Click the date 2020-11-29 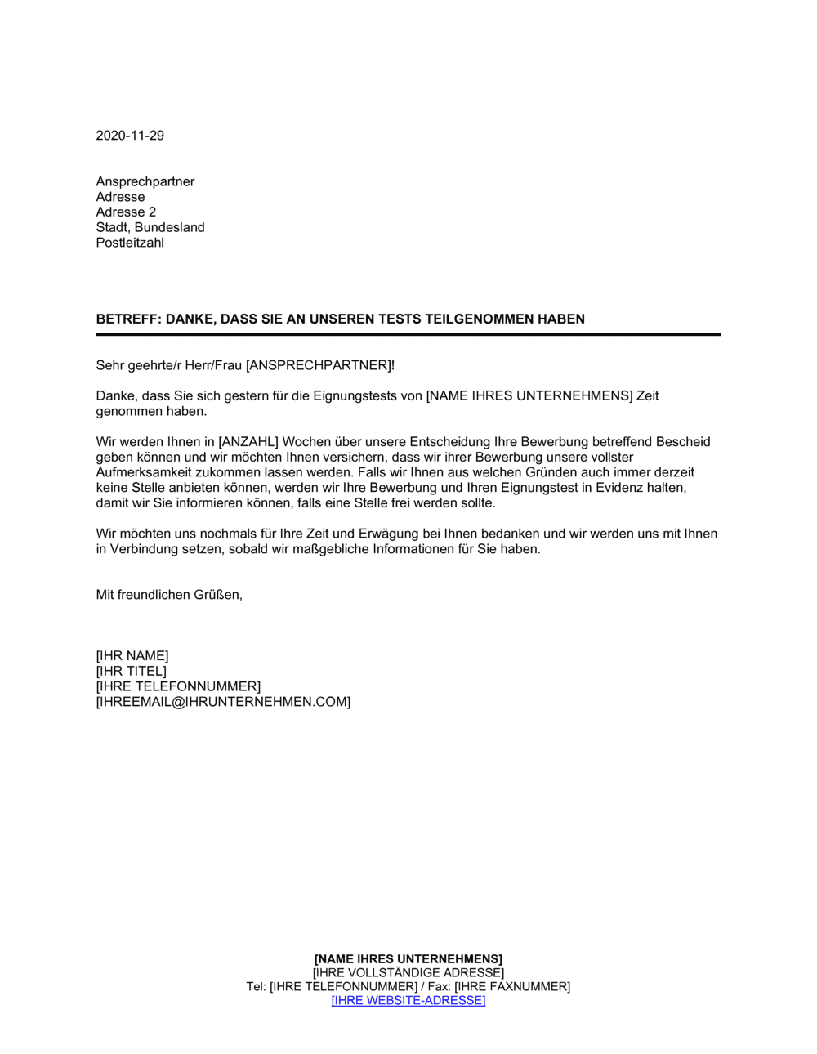pyautogui.click(x=130, y=136)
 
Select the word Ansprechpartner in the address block pyautogui.click(x=145, y=181)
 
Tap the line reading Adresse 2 pyautogui.click(x=126, y=212)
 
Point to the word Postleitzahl pyautogui.click(x=130, y=243)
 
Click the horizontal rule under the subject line pyautogui.click(x=408, y=334)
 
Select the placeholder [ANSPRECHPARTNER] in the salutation pyautogui.click(x=319, y=365)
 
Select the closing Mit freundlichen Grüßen pyautogui.click(x=169, y=595)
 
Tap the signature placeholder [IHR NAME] pyautogui.click(x=132, y=656)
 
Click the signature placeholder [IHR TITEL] pyautogui.click(x=131, y=672)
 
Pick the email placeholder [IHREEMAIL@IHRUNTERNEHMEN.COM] pyautogui.click(x=223, y=702)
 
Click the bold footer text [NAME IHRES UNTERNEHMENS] pyautogui.click(x=408, y=959)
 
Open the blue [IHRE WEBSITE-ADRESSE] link pyautogui.click(x=408, y=1001)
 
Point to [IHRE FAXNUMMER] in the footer pyautogui.click(x=512, y=987)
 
